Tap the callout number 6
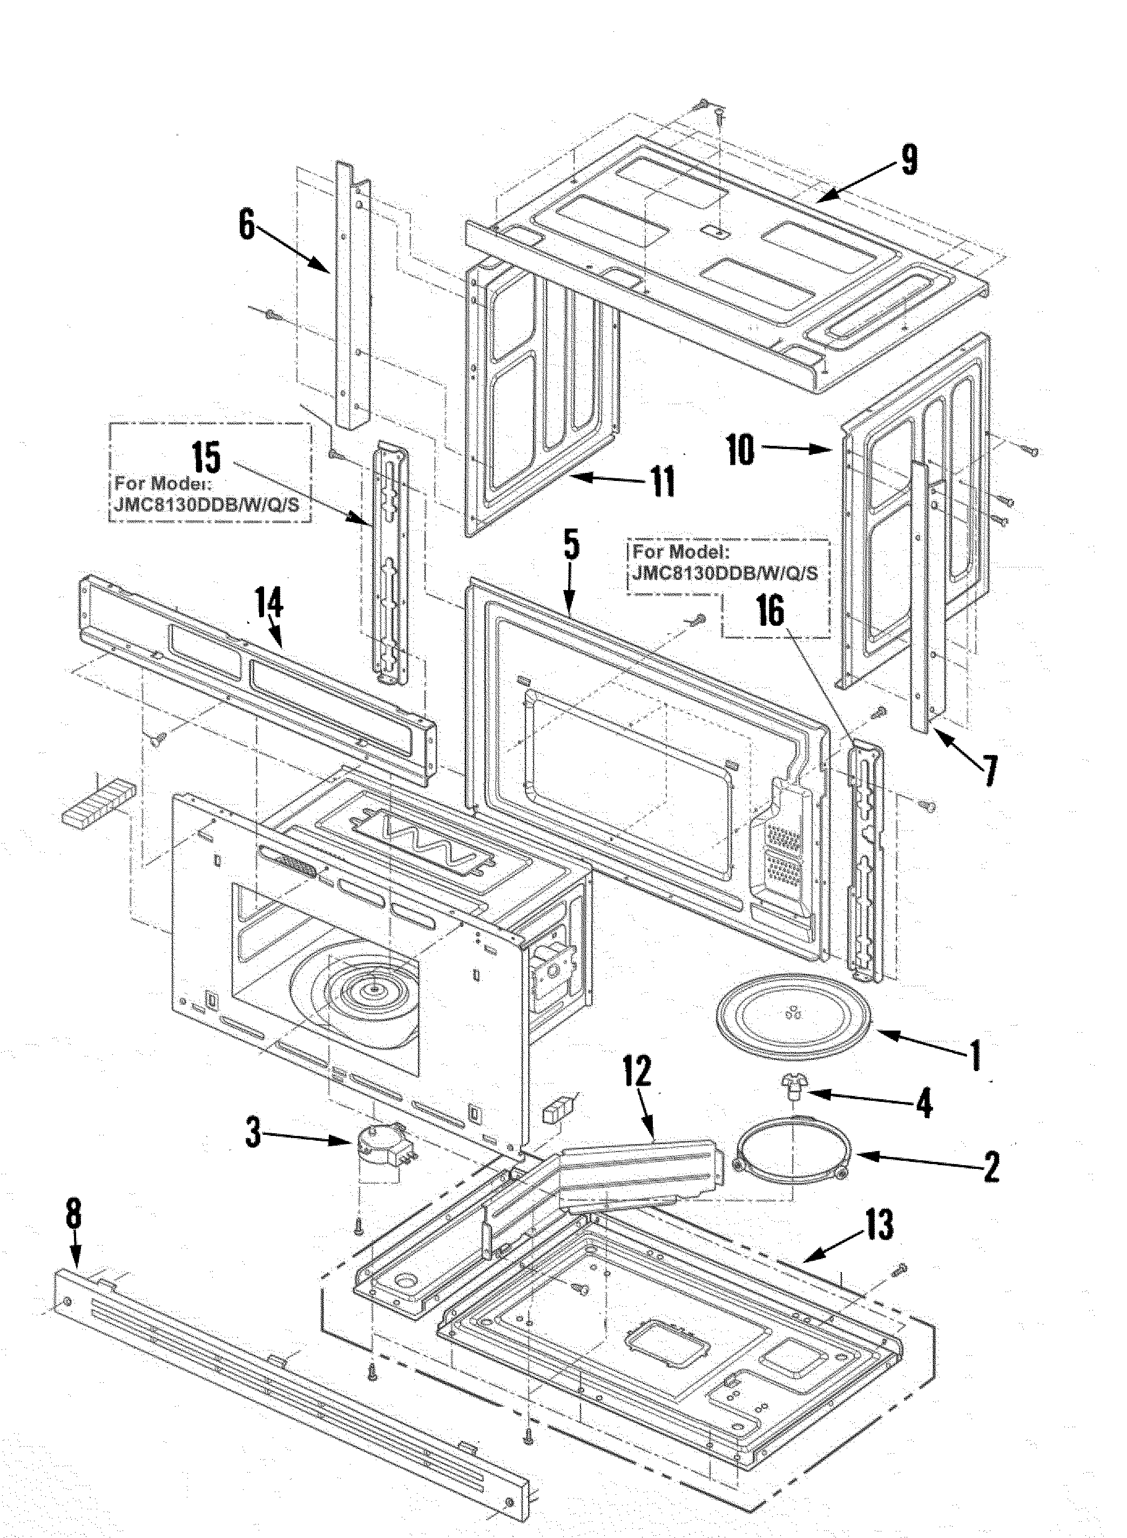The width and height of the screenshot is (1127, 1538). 246,224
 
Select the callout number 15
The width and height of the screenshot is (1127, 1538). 206,458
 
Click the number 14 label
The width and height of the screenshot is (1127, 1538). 269,603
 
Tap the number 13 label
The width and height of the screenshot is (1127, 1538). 880,1224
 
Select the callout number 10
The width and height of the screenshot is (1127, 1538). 740,451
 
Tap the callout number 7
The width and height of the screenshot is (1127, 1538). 989,770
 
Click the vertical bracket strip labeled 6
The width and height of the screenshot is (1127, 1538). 352,297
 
